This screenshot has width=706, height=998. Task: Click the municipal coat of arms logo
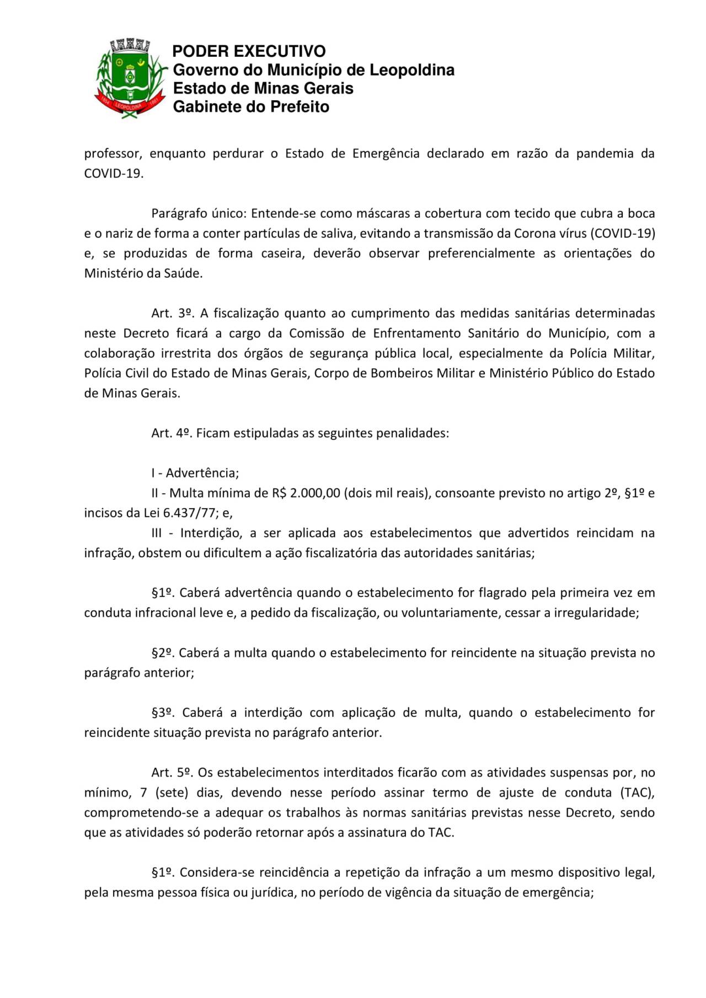coord(131,77)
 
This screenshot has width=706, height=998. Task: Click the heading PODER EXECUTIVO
coord(249,51)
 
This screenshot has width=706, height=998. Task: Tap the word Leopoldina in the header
coord(411,70)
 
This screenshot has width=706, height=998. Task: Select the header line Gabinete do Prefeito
coord(251,107)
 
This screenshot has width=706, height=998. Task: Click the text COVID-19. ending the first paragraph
coord(114,174)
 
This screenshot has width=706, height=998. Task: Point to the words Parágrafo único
coord(197,213)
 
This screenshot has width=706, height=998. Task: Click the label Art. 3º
coord(172,314)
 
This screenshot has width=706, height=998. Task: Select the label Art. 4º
coord(172,433)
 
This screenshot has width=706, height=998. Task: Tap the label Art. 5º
coord(172,773)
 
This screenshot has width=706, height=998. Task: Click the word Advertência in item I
coord(202,473)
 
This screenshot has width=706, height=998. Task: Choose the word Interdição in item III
coord(211,533)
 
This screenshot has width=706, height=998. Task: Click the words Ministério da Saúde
coord(143,273)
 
